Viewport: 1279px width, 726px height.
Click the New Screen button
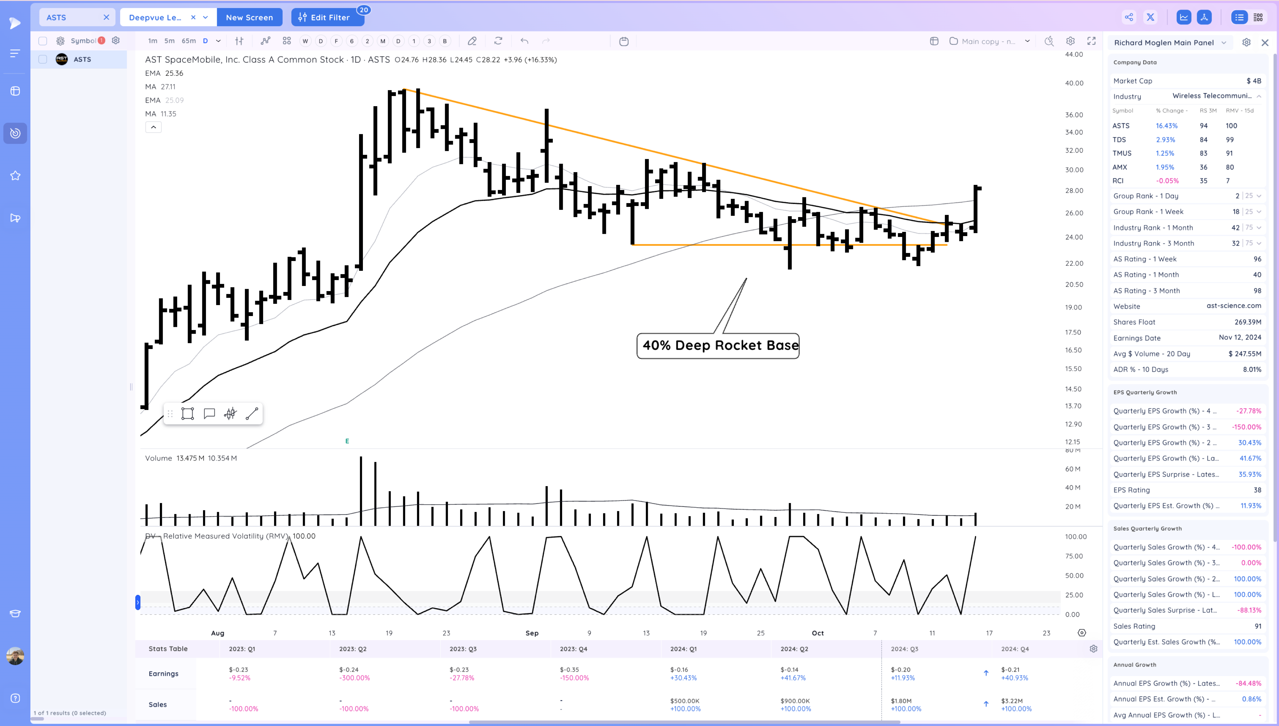pyautogui.click(x=249, y=18)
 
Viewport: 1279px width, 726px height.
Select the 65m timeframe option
pyautogui.click(x=188, y=41)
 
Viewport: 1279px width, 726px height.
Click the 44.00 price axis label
pyautogui.click(x=1074, y=54)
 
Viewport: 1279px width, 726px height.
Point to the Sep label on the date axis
pyautogui.click(x=532, y=633)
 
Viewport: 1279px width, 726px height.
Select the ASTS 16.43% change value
pyautogui.click(x=1166, y=126)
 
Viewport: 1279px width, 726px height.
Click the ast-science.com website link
pyautogui.click(x=1234, y=306)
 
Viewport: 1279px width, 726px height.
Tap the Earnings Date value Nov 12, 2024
pyautogui.click(x=1240, y=337)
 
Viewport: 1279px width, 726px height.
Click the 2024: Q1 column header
pyautogui.click(x=683, y=649)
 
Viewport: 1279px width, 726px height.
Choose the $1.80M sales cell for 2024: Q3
pyautogui.click(x=901, y=700)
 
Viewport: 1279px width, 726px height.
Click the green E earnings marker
pyautogui.click(x=347, y=441)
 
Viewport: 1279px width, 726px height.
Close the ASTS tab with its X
pyautogui.click(x=106, y=18)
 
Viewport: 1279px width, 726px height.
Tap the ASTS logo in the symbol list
pyautogui.click(x=62, y=59)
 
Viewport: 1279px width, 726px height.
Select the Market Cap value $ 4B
pyautogui.click(x=1253, y=81)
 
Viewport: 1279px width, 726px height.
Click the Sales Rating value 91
pyautogui.click(x=1258, y=626)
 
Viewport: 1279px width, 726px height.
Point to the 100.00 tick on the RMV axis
pyautogui.click(x=1076, y=537)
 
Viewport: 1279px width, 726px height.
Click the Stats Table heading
pyautogui.click(x=168, y=649)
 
